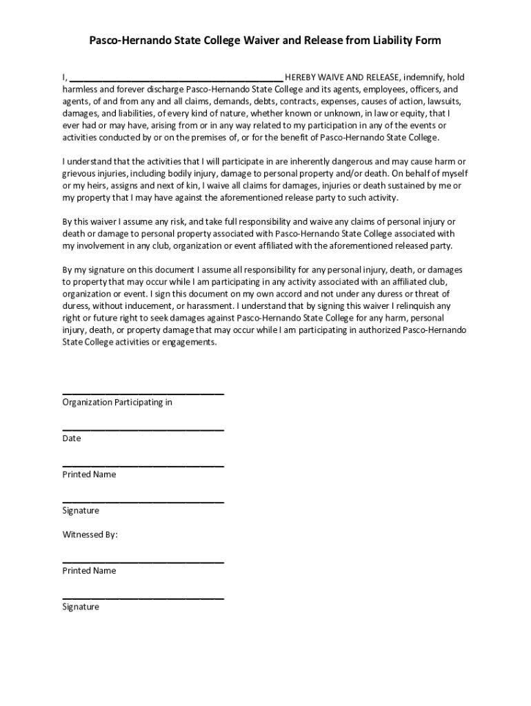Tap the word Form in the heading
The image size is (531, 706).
tap(428, 41)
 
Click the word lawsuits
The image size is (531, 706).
tap(443, 101)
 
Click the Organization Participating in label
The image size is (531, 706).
tap(117, 402)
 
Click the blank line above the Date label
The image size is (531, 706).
tap(143, 430)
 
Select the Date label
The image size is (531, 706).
tap(72, 438)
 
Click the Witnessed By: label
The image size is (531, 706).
tap(90, 534)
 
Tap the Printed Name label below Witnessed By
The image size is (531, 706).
tap(89, 571)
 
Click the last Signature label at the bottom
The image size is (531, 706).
tap(81, 607)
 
